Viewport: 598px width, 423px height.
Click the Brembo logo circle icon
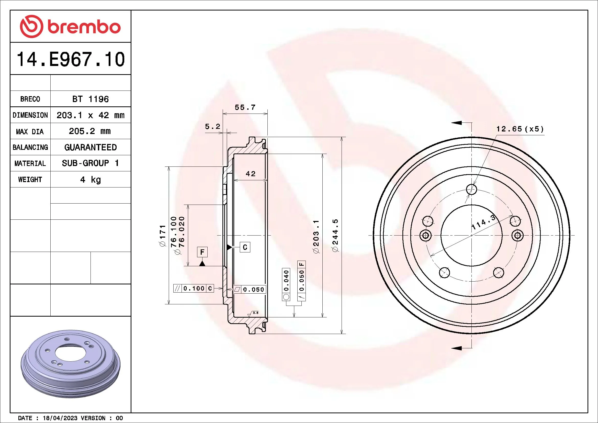tap(31, 26)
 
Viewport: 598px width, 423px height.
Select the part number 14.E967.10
tap(71, 59)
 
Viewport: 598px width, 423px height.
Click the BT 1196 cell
tap(90, 99)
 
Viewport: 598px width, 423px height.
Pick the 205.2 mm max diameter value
tap(89, 131)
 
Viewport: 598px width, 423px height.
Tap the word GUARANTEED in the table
tap(90, 147)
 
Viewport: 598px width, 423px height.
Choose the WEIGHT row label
tap(30, 180)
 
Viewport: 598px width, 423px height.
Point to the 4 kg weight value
tap(90, 180)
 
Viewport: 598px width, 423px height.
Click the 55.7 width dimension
tap(245, 107)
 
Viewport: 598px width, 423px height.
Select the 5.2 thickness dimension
tap(212, 127)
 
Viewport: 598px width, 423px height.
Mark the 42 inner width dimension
tap(251, 174)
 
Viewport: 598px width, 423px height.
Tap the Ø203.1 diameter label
tap(316, 237)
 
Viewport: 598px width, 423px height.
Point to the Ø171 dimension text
tap(163, 236)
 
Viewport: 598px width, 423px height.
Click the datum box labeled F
tap(202, 252)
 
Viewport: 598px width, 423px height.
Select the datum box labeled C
tap(245, 247)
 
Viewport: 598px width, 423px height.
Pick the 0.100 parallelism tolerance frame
tap(194, 288)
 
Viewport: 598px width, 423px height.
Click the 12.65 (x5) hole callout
tap(520, 129)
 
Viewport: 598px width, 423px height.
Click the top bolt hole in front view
tap(471, 189)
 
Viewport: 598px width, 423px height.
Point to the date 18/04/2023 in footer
tap(60, 418)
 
